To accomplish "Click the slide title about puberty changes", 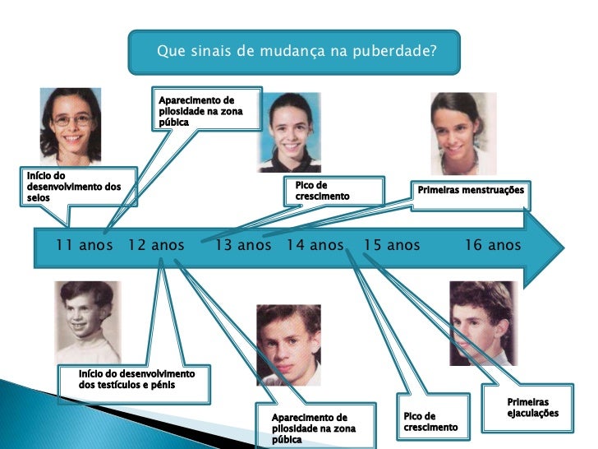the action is point(295,52).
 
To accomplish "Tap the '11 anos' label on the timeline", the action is point(85,245).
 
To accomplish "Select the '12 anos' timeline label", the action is point(157,245).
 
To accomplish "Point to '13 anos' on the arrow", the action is point(242,245).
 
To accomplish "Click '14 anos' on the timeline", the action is point(315,245).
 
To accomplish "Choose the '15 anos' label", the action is point(392,245).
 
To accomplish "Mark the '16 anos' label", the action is point(493,245).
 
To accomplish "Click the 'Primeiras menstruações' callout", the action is point(470,191).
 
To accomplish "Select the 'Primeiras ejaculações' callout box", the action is point(532,407).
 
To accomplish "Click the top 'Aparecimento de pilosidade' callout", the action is point(205,110).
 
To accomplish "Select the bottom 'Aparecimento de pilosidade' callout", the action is point(314,428).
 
